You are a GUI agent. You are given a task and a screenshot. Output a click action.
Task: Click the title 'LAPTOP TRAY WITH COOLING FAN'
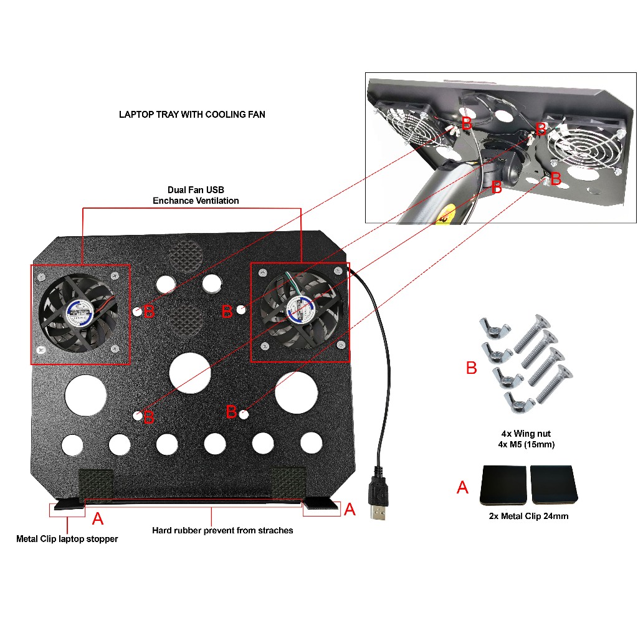tap(192, 115)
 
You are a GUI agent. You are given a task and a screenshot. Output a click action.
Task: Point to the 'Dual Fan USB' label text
tap(195, 189)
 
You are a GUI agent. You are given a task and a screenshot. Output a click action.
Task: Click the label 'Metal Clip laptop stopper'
tap(67, 539)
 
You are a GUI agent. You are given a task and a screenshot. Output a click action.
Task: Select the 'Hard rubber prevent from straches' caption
tap(222, 530)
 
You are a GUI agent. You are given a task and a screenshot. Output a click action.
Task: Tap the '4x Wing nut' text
tap(526, 434)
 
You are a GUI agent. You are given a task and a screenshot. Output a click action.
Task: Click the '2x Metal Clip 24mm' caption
tap(529, 516)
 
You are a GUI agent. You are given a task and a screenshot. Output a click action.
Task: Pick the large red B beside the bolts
tap(472, 368)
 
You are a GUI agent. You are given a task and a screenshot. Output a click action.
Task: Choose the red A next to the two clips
tap(462, 487)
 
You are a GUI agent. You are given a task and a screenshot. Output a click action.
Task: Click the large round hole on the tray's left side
tap(86, 395)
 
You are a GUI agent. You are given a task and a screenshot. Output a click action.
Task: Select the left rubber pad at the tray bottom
tap(95, 483)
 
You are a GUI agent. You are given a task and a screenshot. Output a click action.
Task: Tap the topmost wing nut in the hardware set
tap(495, 327)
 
